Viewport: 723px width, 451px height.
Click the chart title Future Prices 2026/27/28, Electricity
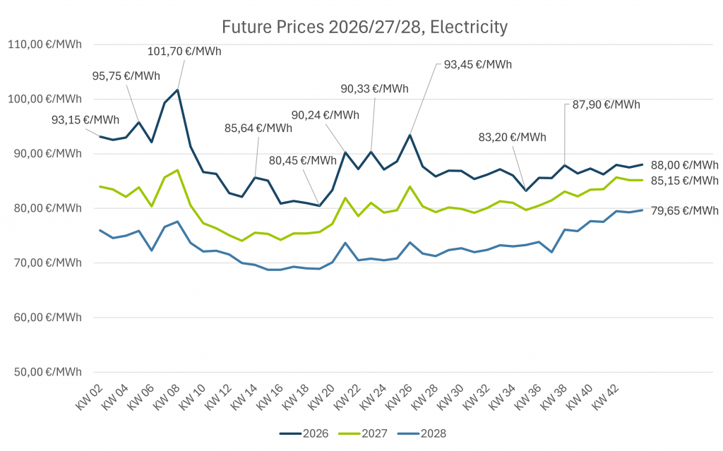pyautogui.click(x=364, y=28)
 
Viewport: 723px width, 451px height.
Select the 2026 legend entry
pyautogui.click(x=304, y=433)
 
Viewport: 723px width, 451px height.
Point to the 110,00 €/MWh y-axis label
pyautogui.click(x=44, y=44)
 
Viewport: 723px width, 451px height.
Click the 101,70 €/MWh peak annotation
pyautogui.click(x=181, y=52)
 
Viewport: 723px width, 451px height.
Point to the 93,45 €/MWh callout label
pyautogui.click(x=477, y=64)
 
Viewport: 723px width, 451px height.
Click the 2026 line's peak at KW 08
pyautogui.click(x=177, y=90)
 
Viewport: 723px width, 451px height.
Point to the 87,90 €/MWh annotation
pyautogui.click(x=606, y=105)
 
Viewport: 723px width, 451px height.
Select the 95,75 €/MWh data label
pyautogui.click(x=126, y=76)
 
